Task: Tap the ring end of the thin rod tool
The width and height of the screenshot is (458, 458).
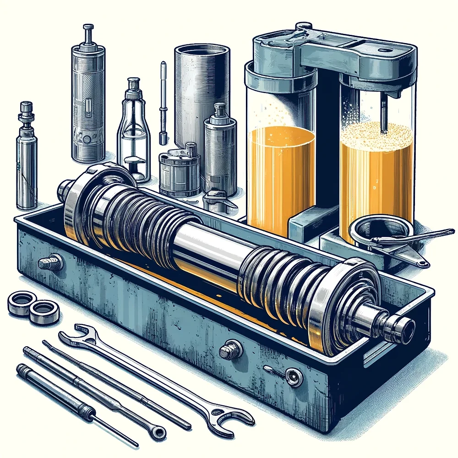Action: pos(158,430)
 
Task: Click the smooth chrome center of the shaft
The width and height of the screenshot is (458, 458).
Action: pos(206,250)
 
